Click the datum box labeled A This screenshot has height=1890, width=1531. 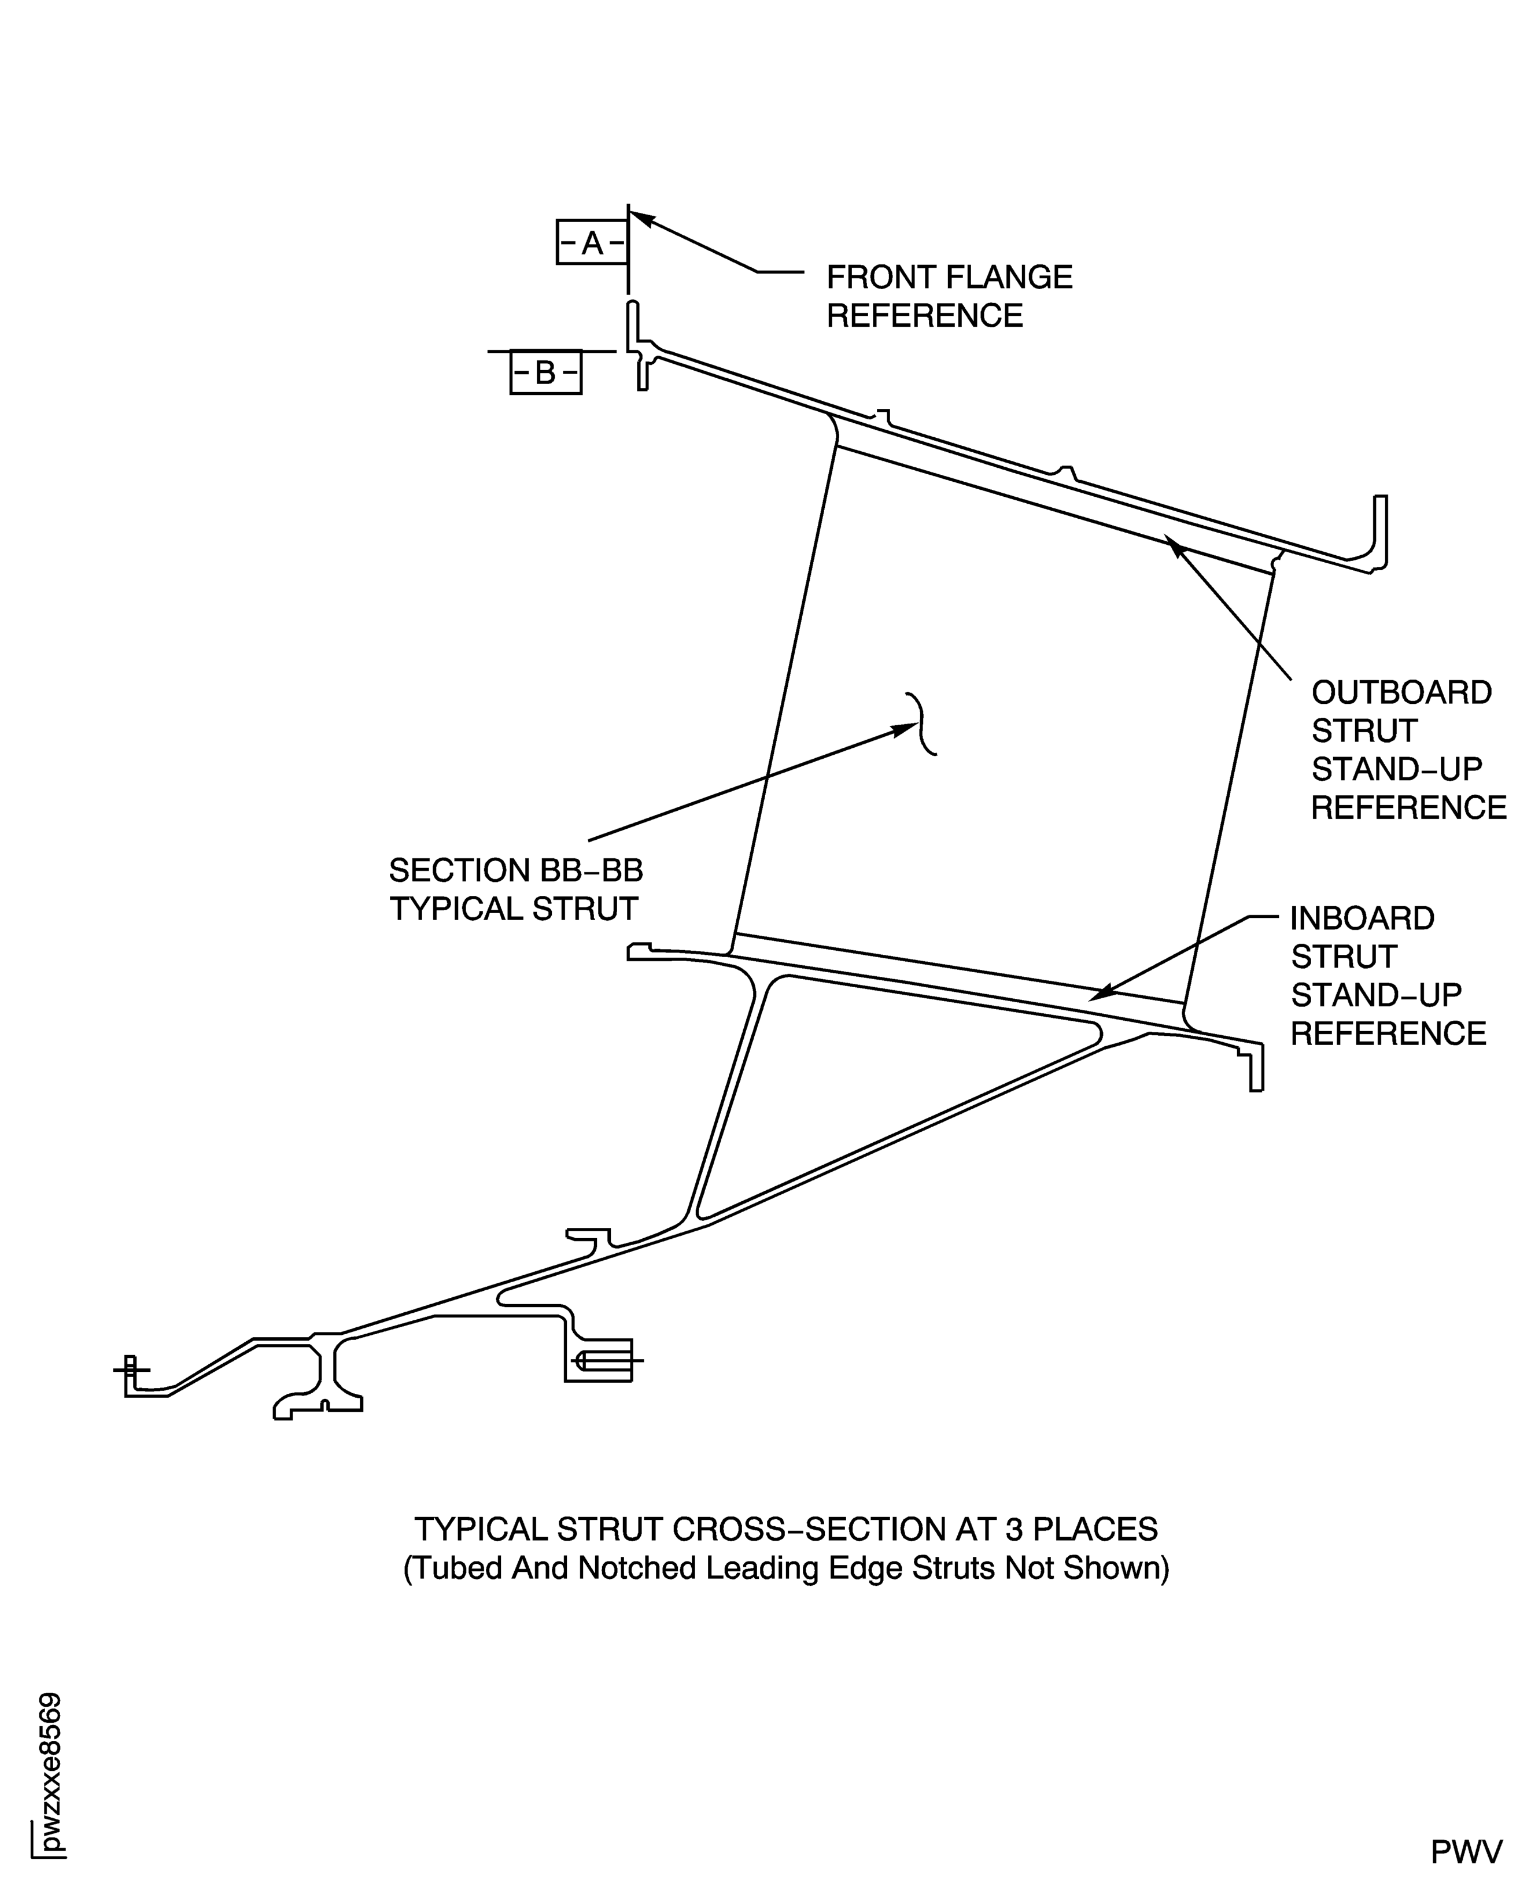tap(592, 242)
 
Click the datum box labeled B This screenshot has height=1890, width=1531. tap(545, 373)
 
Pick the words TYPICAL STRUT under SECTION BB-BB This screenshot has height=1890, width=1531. tap(513, 909)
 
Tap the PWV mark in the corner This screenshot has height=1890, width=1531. tap(1466, 1852)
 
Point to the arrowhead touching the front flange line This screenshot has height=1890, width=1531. tap(640, 216)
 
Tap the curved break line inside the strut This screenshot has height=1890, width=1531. tap(923, 723)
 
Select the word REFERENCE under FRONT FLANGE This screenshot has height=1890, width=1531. tap(924, 316)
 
